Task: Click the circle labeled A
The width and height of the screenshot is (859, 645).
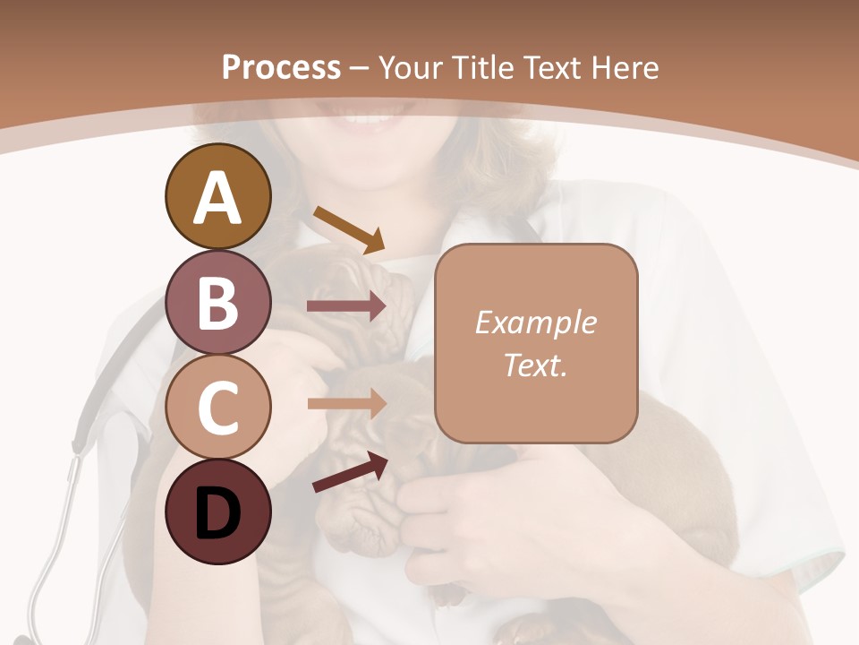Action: pos(218,197)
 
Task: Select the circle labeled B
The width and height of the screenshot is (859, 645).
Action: pos(218,302)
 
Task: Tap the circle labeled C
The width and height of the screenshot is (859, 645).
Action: pos(218,407)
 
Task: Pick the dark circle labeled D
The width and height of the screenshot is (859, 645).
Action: pos(218,512)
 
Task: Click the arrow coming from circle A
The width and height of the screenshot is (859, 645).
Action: pos(349,229)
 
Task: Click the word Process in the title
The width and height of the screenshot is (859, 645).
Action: pos(281,67)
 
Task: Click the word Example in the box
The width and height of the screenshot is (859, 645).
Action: pos(535,322)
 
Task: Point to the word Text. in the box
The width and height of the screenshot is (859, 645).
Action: pos(535,365)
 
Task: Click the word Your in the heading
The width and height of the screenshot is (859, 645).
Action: pos(411,67)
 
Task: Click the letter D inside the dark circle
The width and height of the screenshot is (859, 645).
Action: pos(218,513)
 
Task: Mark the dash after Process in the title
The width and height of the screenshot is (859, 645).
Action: pos(360,69)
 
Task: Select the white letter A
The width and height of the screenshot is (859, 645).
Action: pos(218,198)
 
